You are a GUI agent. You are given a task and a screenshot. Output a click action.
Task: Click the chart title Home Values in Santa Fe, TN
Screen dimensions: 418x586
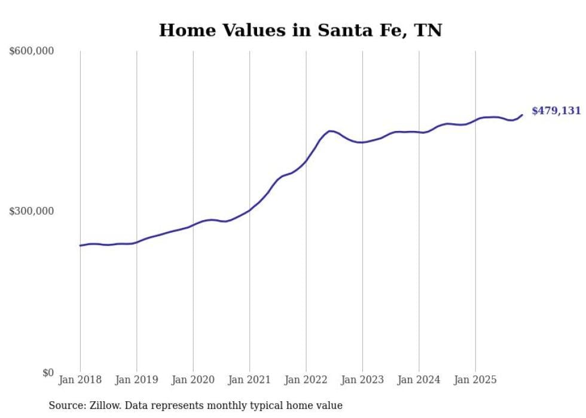pos(300,30)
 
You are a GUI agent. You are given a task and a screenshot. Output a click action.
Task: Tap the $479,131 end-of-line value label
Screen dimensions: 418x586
pos(556,111)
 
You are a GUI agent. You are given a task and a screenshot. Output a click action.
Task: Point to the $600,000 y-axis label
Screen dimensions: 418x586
pos(32,51)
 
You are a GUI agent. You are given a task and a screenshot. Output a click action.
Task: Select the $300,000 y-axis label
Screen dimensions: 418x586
pos(32,212)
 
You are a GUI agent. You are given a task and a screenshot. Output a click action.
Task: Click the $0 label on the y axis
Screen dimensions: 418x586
pos(47,373)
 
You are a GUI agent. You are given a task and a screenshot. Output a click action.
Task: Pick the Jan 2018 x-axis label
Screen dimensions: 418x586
pos(80,380)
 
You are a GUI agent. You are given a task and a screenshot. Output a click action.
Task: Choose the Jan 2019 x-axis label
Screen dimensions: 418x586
pos(137,380)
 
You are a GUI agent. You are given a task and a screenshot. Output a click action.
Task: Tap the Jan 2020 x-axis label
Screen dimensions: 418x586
pos(193,380)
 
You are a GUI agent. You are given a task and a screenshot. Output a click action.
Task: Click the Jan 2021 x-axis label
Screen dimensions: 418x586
pos(249,380)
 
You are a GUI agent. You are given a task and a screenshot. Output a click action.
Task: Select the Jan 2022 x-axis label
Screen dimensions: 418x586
pos(306,380)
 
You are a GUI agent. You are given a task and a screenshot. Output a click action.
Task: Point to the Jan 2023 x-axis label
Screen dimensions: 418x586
pos(362,380)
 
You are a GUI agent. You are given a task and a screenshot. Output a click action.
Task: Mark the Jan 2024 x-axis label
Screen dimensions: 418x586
pos(419,380)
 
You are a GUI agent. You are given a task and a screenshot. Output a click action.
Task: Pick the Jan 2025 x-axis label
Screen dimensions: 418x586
pos(475,380)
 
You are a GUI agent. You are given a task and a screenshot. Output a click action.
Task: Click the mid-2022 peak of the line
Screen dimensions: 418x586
pos(330,131)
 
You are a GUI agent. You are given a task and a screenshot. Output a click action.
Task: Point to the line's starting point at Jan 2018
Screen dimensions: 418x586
pos(80,245)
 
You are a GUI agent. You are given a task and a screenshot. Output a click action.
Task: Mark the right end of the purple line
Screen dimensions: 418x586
pos(522,115)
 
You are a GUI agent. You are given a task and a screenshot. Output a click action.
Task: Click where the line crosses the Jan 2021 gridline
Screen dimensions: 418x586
pos(249,210)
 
